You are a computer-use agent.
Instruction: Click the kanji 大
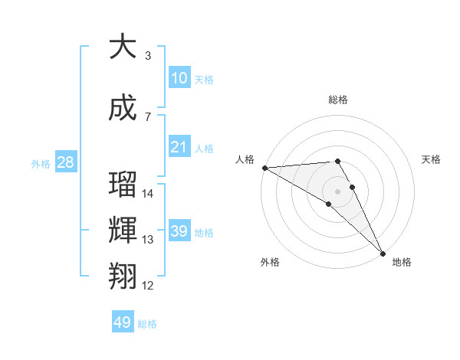point(123,47)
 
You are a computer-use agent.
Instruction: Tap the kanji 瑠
point(123,185)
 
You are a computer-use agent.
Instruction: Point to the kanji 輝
point(123,231)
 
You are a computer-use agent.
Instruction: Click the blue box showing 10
point(179,77)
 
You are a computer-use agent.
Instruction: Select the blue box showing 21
point(179,146)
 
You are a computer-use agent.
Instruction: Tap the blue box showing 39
point(179,231)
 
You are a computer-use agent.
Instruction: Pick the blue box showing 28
point(64,162)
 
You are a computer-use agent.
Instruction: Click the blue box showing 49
point(123,322)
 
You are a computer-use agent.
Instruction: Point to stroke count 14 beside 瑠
point(148,194)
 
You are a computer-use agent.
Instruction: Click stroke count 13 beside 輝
point(148,240)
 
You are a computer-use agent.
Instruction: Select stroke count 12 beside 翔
point(148,286)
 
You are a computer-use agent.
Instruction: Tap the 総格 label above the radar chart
point(337,100)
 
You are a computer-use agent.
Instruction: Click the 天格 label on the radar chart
point(431,159)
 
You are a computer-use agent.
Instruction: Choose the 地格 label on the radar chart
point(402,262)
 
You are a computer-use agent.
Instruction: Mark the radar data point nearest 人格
point(264,168)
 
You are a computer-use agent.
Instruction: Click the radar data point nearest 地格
point(383,253)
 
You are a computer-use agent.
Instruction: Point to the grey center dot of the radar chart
point(337,191)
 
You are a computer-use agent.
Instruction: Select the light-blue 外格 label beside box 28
point(41,163)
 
